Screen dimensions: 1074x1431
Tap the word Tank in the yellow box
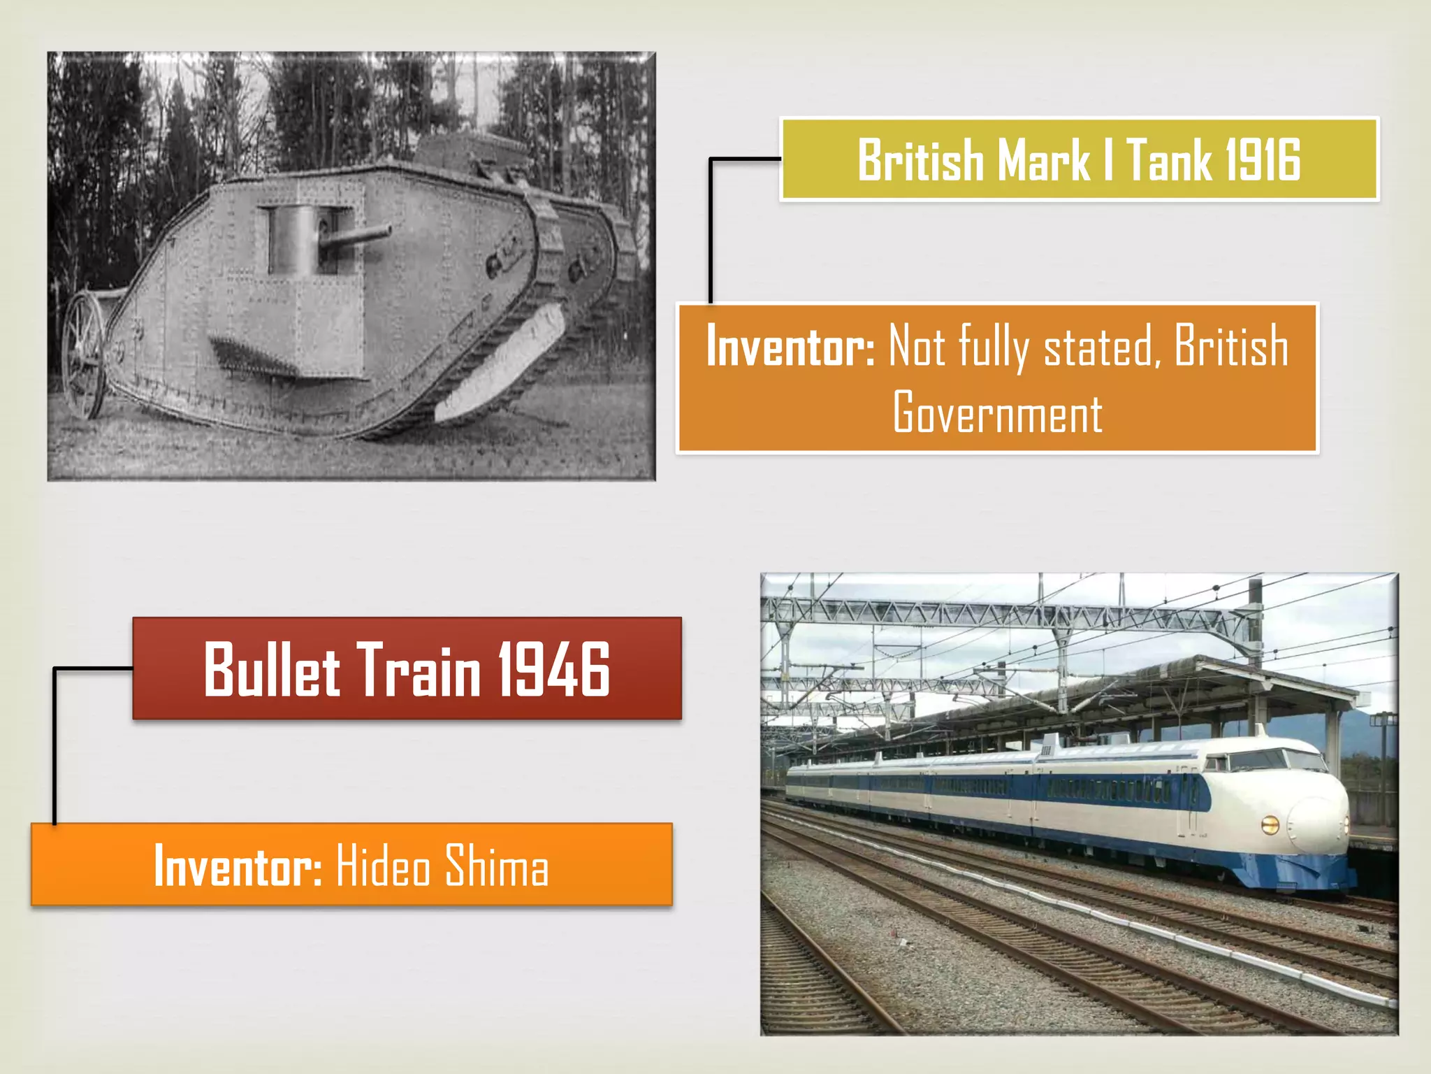(1168, 161)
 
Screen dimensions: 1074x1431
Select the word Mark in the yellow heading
(1043, 161)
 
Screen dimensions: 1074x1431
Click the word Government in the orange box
(997, 413)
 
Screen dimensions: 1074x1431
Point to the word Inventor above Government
(790, 345)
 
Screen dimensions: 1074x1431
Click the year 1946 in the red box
(553, 670)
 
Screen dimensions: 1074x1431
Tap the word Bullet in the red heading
(272, 670)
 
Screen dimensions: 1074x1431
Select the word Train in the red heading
(419, 670)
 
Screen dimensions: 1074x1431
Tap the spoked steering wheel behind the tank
(83, 355)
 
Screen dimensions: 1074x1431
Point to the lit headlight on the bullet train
(1270, 825)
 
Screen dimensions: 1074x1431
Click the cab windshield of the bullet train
(1258, 761)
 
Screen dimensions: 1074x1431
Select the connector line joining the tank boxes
(711, 231)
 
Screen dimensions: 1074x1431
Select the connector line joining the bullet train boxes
(55, 745)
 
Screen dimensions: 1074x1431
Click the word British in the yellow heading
(921, 161)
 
